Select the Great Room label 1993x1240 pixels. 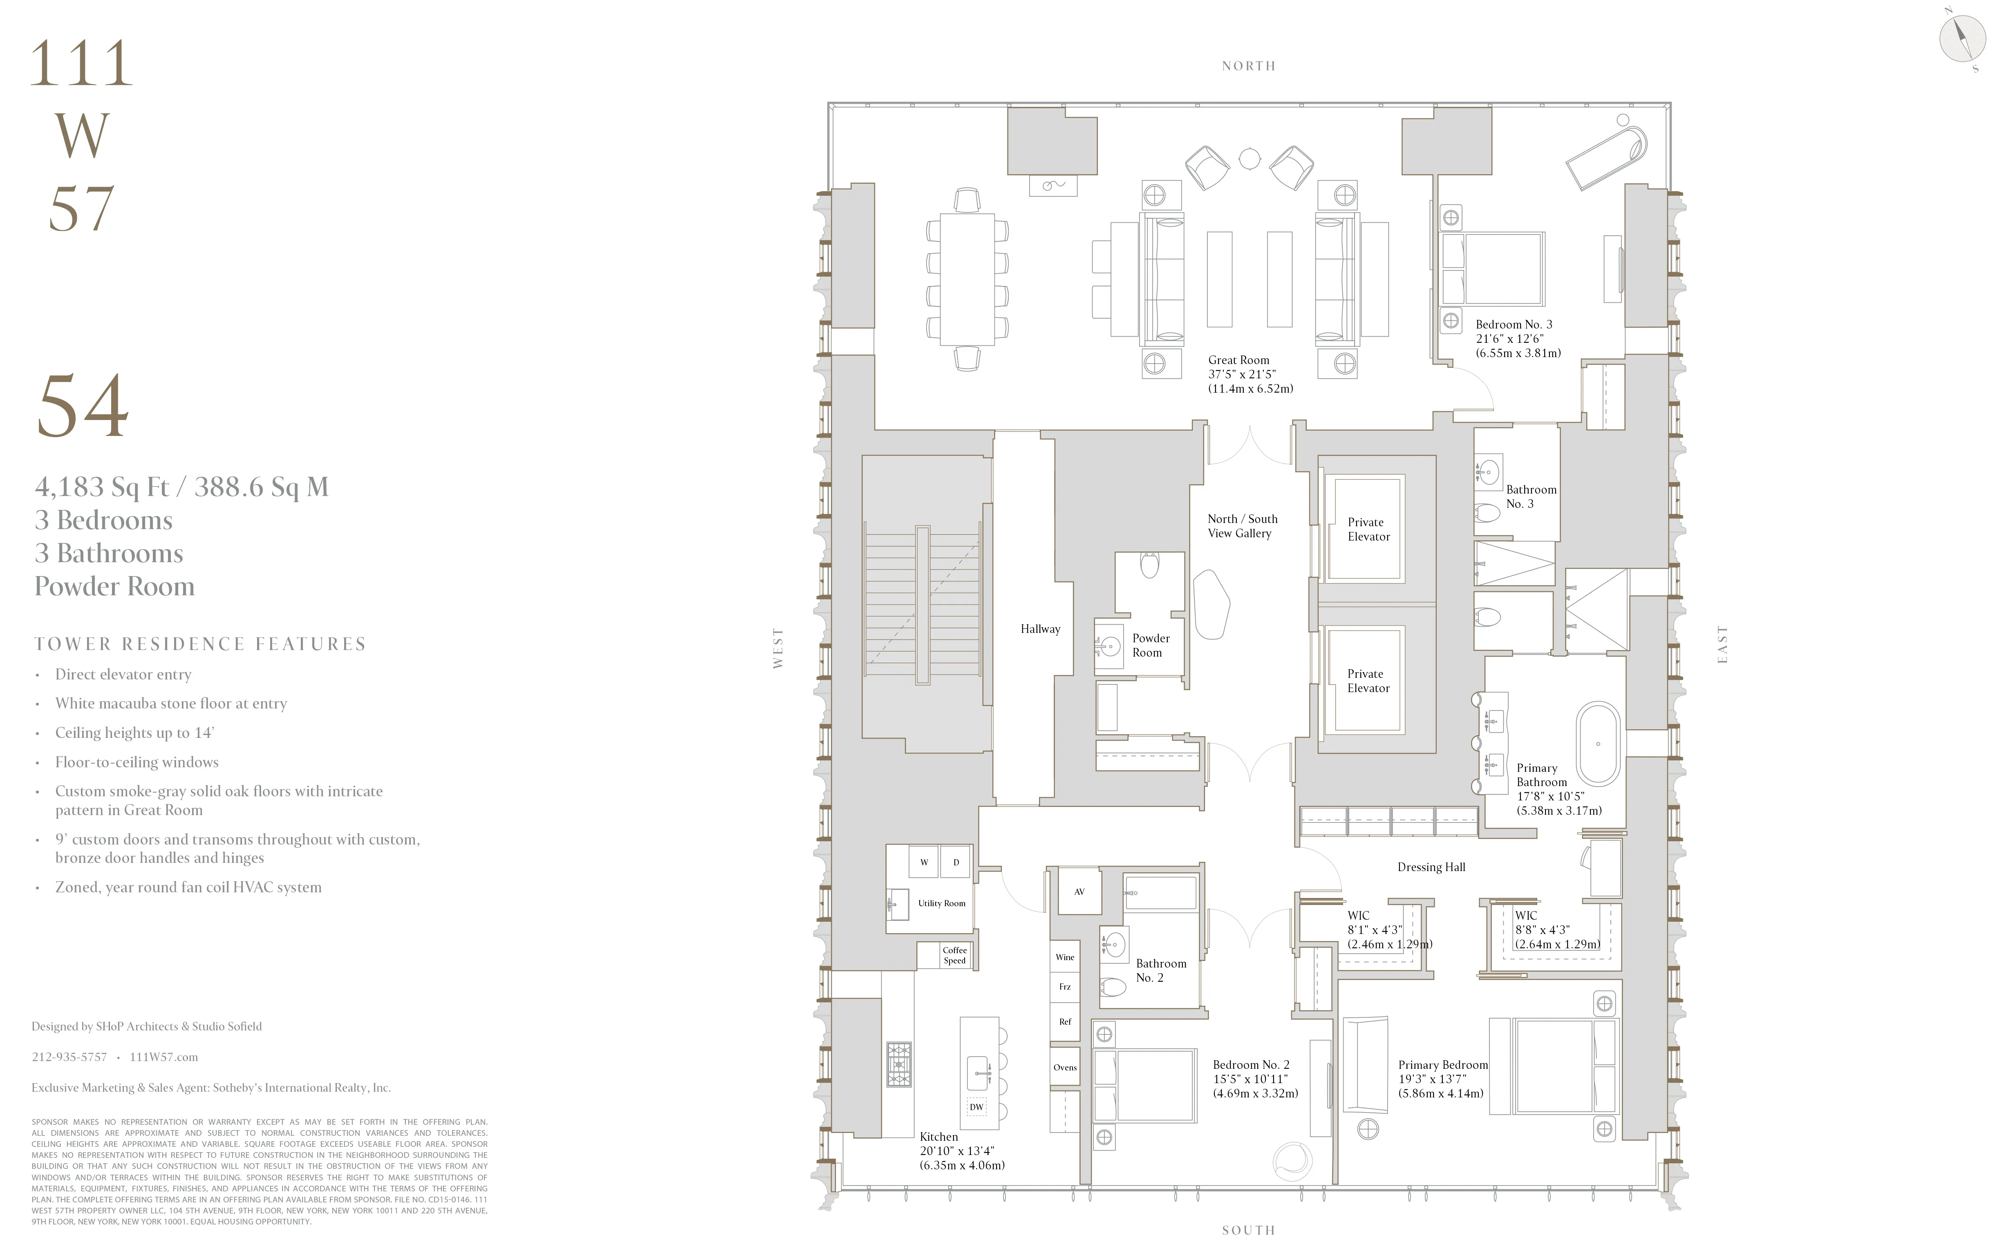[1238, 360]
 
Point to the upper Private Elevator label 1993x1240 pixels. [1368, 529]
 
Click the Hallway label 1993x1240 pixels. [1039, 629]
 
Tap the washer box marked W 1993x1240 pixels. [924, 862]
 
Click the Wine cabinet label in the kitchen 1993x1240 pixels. [1064, 957]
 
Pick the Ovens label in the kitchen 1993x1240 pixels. [1064, 1067]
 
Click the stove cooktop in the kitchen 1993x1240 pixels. [898, 1063]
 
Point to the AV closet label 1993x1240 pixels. [1079, 891]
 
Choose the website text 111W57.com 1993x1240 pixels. [163, 1057]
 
